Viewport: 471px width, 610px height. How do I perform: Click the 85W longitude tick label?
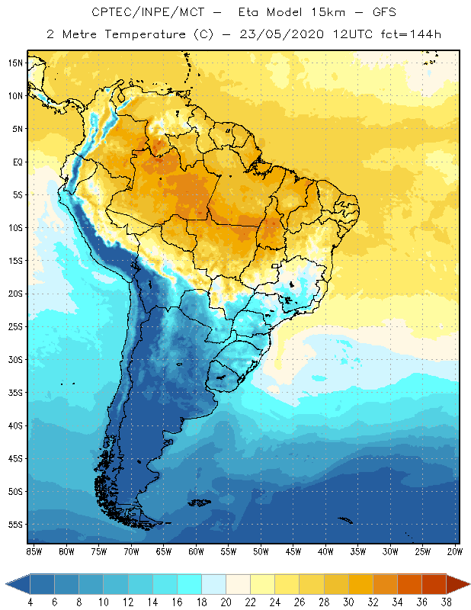click(x=34, y=551)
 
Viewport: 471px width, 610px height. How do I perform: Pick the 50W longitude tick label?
click(x=261, y=551)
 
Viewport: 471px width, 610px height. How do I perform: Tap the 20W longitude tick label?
click(x=454, y=551)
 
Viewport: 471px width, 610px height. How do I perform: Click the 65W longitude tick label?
click(x=163, y=551)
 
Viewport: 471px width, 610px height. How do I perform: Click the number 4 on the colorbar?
click(x=30, y=602)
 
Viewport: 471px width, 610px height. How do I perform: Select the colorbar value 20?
click(x=226, y=602)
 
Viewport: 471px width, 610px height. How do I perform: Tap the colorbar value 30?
click(x=348, y=602)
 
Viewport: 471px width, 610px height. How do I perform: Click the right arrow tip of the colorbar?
click(x=469, y=584)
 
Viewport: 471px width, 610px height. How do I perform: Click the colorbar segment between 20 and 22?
click(x=238, y=584)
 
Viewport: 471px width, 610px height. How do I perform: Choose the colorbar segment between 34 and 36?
click(x=409, y=584)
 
